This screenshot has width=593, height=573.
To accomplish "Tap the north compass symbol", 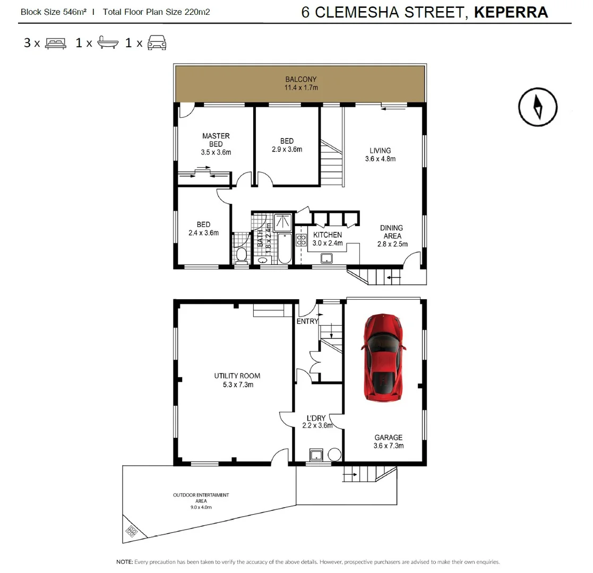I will [x=538, y=107].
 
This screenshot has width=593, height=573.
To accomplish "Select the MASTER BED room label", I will [x=216, y=140].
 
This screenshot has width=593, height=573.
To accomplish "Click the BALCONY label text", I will [x=300, y=80].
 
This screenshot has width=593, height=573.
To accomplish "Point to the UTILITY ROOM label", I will [x=237, y=376].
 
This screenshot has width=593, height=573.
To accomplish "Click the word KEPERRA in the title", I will [x=511, y=12].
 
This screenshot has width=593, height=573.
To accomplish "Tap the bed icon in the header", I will [x=55, y=43].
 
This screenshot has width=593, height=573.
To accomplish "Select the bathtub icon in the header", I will [x=104, y=43].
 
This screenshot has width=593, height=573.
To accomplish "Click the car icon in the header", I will [x=157, y=43].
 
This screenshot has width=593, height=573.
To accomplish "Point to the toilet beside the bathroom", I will [x=242, y=255].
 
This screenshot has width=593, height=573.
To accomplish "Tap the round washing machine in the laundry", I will [x=334, y=455].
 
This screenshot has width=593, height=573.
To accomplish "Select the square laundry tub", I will [x=317, y=455].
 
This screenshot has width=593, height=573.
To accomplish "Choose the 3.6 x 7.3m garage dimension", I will [x=389, y=446].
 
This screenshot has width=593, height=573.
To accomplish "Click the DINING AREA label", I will [x=391, y=232].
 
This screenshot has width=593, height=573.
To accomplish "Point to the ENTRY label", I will [x=307, y=321].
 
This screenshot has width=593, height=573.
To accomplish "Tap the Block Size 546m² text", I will [x=53, y=12].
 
